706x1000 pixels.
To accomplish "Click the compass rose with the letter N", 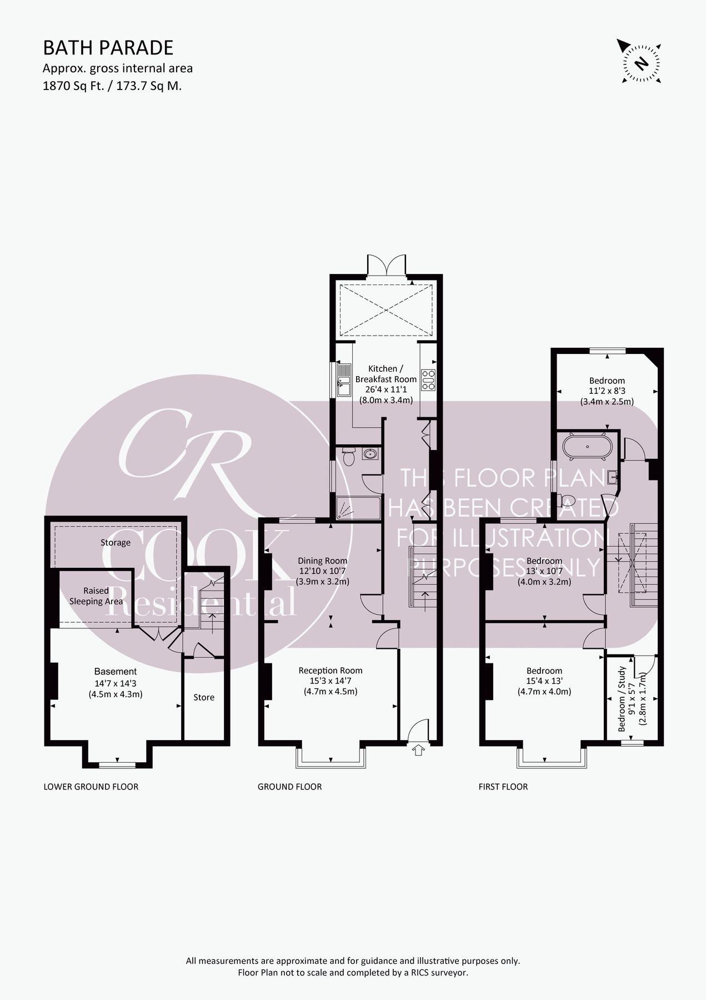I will (x=642, y=62).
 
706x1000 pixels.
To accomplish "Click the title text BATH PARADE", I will (x=108, y=48).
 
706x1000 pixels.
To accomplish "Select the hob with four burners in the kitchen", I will (x=428, y=380).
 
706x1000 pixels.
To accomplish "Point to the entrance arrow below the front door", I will (x=418, y=751).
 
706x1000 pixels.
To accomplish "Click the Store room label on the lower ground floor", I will (x=204, y=697).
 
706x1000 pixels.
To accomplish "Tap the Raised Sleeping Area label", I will (x=96, y=596).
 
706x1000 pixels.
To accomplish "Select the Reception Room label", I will (x=330, y=671).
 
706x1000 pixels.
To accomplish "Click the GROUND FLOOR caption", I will (x=289, y=787).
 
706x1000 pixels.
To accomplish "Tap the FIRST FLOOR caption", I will (x=503, y=787).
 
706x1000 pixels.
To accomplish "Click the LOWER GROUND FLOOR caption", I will (x=91, y=787).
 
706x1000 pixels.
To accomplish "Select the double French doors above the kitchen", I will (x=387, y=266).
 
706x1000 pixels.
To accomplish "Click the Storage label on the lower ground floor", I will (x=116, y=542).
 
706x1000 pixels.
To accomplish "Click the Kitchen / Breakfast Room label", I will (x=385, y=373).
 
